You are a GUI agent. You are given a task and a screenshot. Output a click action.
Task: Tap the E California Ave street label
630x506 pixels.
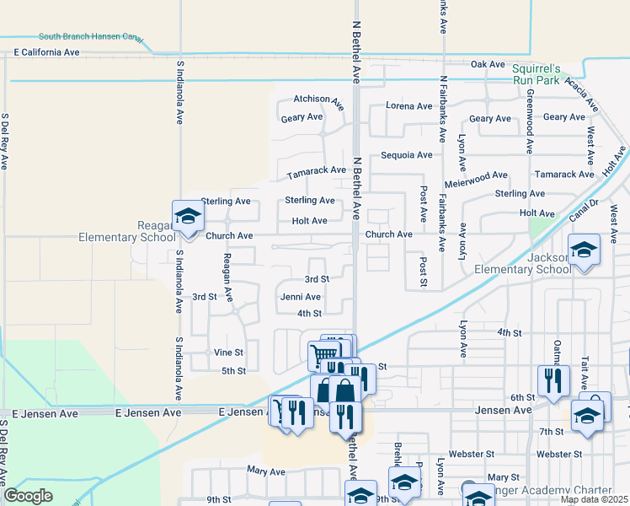(x=47, y=52)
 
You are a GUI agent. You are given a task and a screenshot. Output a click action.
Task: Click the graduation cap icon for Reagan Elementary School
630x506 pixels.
(x=188, y=218)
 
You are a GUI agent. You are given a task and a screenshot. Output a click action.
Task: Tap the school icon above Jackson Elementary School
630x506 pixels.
(x=584, y=250)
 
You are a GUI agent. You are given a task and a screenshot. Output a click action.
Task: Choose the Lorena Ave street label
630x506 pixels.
(x=408, y=106)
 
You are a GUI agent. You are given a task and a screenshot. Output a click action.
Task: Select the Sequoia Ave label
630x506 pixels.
(x=406, y=155)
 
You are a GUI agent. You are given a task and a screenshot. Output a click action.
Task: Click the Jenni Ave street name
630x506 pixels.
(x=301, y=297)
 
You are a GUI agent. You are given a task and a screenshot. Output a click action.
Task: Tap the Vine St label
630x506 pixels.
(x=228, y=353)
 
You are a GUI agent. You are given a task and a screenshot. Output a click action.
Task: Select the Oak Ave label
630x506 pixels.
(x=487, y=64)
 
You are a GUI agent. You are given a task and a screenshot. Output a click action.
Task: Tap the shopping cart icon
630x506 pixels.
(x=325, y=354)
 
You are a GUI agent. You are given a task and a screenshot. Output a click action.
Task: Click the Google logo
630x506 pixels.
(x=28, y=496)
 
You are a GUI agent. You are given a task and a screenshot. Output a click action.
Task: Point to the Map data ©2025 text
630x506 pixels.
(x=594, y=499)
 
